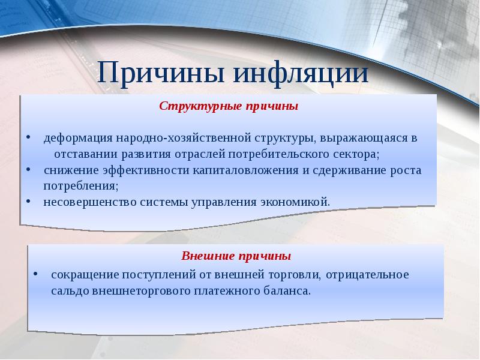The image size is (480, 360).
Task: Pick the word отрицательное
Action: (367, 275)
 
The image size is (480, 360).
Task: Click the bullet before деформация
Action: (29, 137)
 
